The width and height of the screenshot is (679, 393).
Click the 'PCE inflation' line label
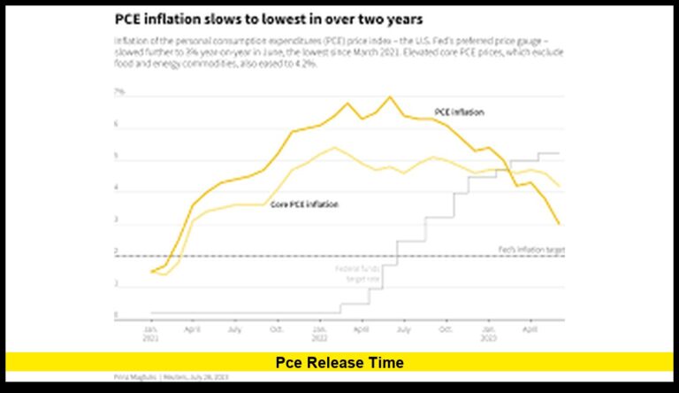459,112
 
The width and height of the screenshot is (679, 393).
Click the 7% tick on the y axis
118,92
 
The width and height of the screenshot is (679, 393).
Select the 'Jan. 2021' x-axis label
150,332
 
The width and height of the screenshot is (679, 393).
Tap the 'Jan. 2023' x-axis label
487,332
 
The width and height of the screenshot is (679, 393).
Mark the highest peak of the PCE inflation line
389,96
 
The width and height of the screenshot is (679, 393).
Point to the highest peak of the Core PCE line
333,148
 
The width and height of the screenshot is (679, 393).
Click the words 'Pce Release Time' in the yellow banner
339,362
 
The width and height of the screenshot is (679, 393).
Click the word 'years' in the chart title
418,19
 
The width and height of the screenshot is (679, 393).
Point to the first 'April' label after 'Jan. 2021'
192,328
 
